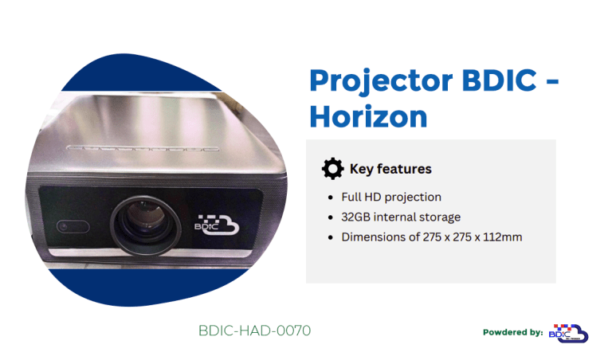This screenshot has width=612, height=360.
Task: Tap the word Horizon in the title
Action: (x=368, y=116)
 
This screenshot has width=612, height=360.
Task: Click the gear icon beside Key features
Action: (x=332, y=169)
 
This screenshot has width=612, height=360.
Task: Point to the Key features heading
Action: (x=390, y=169)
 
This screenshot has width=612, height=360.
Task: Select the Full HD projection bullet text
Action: (x=391, y=197)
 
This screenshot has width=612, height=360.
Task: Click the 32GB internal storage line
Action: (x=401, y=217)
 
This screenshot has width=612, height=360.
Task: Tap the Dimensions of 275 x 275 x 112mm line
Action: (x=432, y=237)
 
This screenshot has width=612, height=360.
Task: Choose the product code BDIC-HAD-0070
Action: (x=254, y=330)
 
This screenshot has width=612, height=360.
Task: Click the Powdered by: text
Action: (x=513, y=332)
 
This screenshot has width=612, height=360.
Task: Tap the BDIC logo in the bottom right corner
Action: (x=568, y=333)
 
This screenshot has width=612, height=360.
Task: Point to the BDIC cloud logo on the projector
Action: (x=217, y=225)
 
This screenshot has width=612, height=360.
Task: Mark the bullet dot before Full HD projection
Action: (x=331, y=198)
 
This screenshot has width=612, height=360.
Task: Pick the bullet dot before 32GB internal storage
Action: (x=331, y=217)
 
